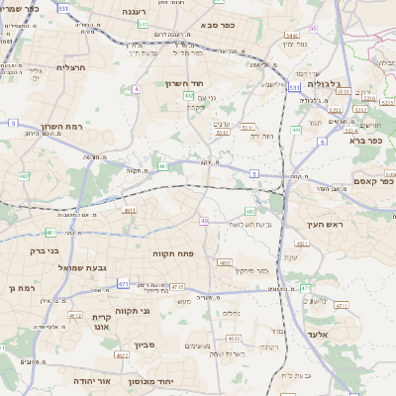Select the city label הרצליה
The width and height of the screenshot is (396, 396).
[72, 67]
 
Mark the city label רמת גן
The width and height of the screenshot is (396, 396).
[20, 288]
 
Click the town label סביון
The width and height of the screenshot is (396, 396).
[145, 346]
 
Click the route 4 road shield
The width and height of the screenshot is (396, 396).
[136, 88]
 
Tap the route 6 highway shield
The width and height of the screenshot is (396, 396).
[322, 142]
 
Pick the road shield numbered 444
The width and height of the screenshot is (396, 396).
[297, 130]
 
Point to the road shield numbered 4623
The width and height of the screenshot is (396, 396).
[234, 339]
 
